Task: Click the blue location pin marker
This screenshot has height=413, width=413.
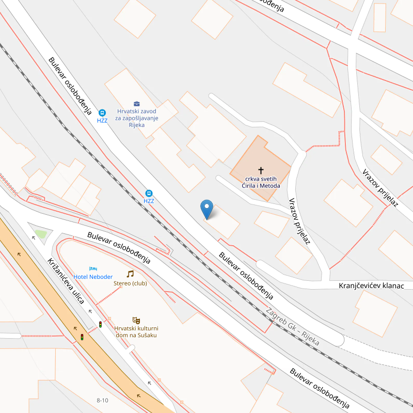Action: point(206,209)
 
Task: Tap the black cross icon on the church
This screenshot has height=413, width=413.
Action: point(261,170)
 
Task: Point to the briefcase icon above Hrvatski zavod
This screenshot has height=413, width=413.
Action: point(136,103)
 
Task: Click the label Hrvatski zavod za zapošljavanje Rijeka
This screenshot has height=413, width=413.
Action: point(136,118)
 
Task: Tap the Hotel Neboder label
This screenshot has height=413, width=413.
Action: point(93,277)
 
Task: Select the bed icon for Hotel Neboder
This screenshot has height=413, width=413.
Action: point(93,269)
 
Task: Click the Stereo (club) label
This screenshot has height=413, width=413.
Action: point(130,283)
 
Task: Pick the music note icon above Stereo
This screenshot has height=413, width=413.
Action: point(130,274)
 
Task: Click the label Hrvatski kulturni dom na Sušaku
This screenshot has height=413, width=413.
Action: point(136,331)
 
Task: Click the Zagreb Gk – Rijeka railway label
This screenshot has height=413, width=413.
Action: point(293,327)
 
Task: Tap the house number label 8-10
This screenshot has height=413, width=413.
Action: point(102,401)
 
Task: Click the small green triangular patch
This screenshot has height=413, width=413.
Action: point(41,234)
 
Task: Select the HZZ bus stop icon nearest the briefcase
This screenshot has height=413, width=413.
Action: point(102,113)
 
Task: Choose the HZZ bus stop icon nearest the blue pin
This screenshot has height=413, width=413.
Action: point(149,193)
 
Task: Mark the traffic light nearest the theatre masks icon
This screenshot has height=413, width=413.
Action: point(100,324)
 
